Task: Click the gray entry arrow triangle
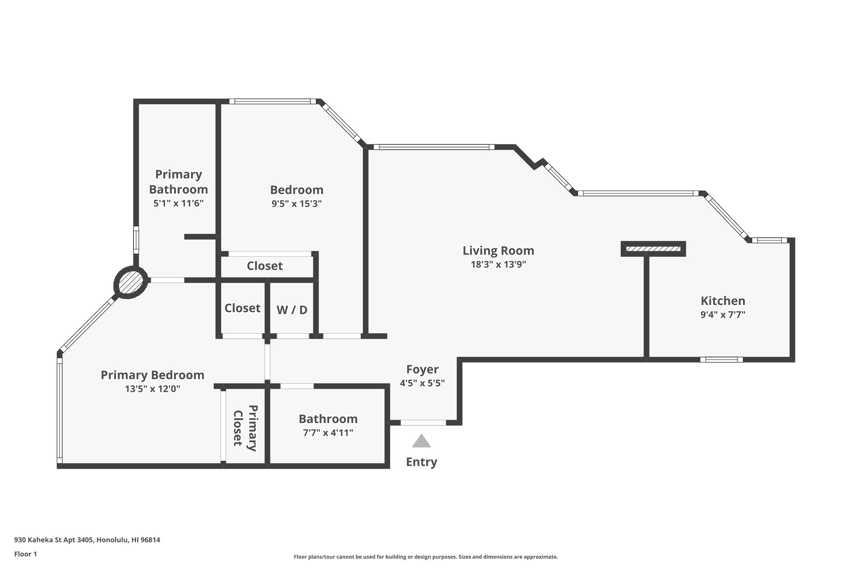421,442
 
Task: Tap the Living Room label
498,251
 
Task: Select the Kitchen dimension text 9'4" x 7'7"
723,315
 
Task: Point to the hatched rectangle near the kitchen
653,249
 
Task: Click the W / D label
292,310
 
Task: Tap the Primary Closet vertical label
244,428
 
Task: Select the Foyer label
422,370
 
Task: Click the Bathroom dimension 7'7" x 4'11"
328,433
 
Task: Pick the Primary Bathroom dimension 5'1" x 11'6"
178,203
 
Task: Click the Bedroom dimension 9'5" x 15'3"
296,204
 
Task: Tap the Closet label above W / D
265,266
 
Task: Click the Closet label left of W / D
242,308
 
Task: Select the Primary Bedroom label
152,375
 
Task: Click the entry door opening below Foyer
423,423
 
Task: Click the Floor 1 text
25,554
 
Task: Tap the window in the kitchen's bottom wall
721,360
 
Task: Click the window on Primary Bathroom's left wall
136,240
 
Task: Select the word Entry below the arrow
421,462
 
